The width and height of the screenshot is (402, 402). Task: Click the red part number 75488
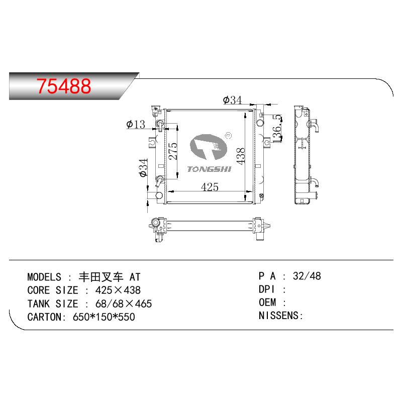coord(64,86)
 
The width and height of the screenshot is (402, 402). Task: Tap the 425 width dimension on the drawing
coord(210,187)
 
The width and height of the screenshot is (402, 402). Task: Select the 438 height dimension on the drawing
coord(241,156)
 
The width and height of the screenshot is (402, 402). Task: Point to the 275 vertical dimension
coord(173,151)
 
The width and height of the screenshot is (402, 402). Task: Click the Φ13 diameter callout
coord(136,125)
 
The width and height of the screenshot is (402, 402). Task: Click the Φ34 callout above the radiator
coord(232,100)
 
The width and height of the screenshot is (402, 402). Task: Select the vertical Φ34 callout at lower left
coord(143,168)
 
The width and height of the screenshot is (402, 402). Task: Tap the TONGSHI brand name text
coord(209,169)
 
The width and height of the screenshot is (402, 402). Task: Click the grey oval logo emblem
coord(209,147)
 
